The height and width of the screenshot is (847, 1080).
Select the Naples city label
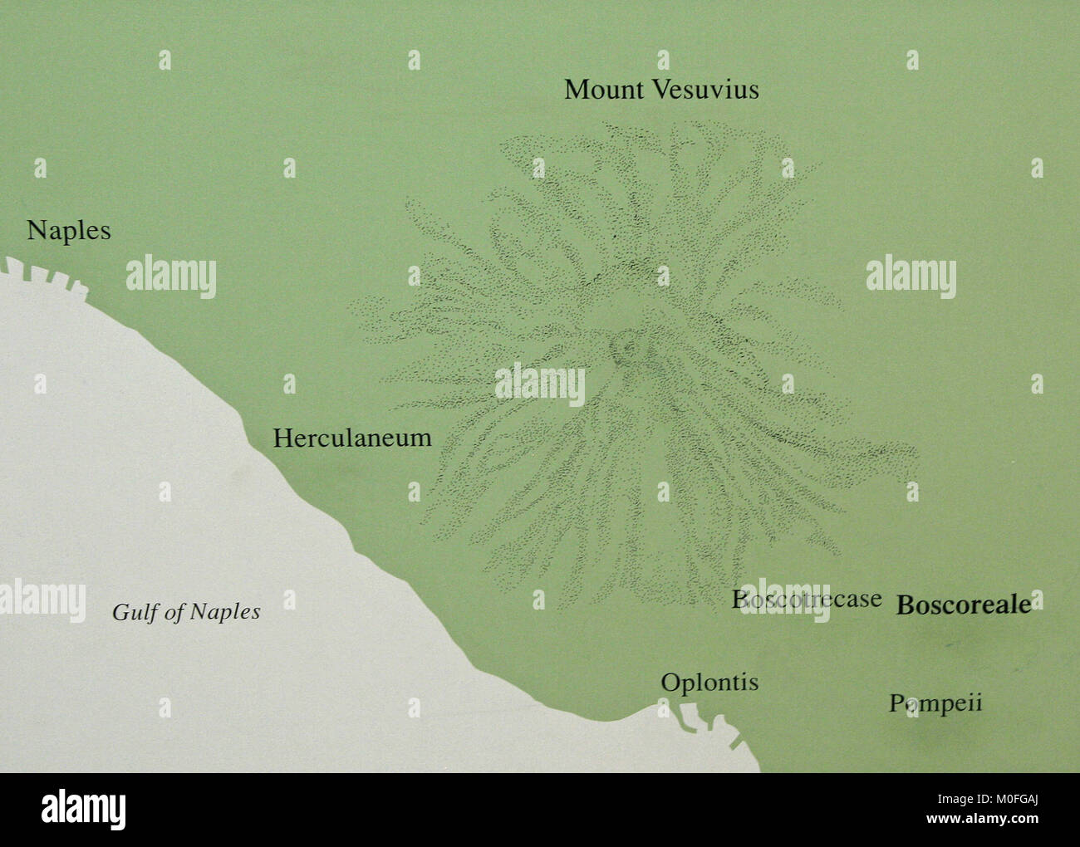click(68, 231)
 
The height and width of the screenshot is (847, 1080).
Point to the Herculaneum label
click(352, 438)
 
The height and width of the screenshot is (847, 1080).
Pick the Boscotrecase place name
click(807, 599)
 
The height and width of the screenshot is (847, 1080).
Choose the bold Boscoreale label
click(964, 605)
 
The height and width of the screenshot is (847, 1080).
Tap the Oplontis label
click(709, 683)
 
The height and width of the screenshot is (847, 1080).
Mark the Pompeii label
click(935, 703)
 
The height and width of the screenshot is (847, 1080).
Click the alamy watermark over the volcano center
click(540, 384)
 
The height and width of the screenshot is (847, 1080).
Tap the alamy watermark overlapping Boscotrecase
click(785, 600)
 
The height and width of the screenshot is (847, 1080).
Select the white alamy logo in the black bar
click(84, 808)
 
